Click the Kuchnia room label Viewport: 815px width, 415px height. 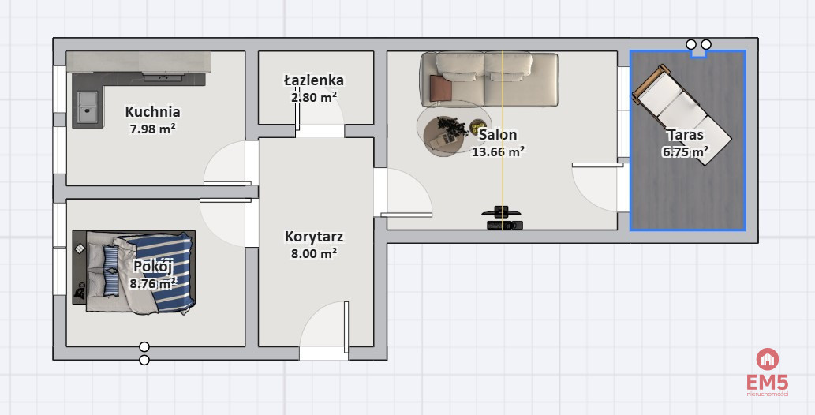[x=152, y=112]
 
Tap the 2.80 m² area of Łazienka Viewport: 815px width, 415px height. [x=314, y=97]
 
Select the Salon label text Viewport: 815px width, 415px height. [x=498, y=135]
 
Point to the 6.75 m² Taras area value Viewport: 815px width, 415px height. [x=685, y=151]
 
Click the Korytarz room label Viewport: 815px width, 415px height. [x=314, y=237]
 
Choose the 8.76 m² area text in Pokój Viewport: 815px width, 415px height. [x=153, y=283]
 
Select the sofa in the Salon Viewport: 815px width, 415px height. [x=488, y=79]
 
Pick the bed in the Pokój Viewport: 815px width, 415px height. [x=134, y=272]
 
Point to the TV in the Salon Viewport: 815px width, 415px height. [x=502, y=211]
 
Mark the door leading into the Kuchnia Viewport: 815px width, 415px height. [x=228, y=163]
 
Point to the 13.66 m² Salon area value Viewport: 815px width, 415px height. [x=498, y=151]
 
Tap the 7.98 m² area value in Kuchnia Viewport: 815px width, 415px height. [x=152, y=128]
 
